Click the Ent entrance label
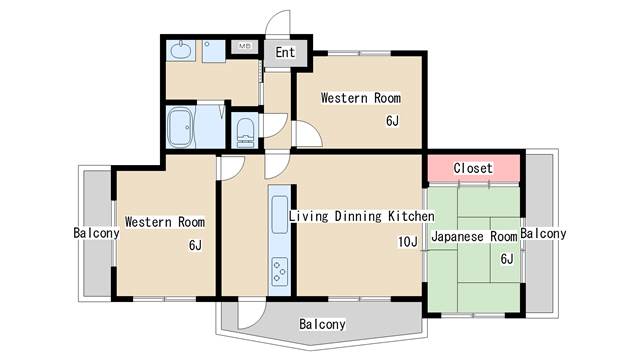(x=285, y=52)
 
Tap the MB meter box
(x=244, y=46)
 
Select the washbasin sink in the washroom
(x=181, y=50)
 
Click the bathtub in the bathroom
(x=180, y=127)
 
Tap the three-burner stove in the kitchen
(x=280, y=271)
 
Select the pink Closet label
(x=473, y=168)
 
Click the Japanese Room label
(x=474, y=236)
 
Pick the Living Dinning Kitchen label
(x=362, y=216)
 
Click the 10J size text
(x=408, y=242)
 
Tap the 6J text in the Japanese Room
(x=507, y=259)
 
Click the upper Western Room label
(x=360, y=98)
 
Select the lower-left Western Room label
(x=165, y=222)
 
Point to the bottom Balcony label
(x=322, y=324)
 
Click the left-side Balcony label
(x=96, y=233)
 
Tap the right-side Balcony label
(x=543, y=233)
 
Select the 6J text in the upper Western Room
(x=392, y=121)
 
